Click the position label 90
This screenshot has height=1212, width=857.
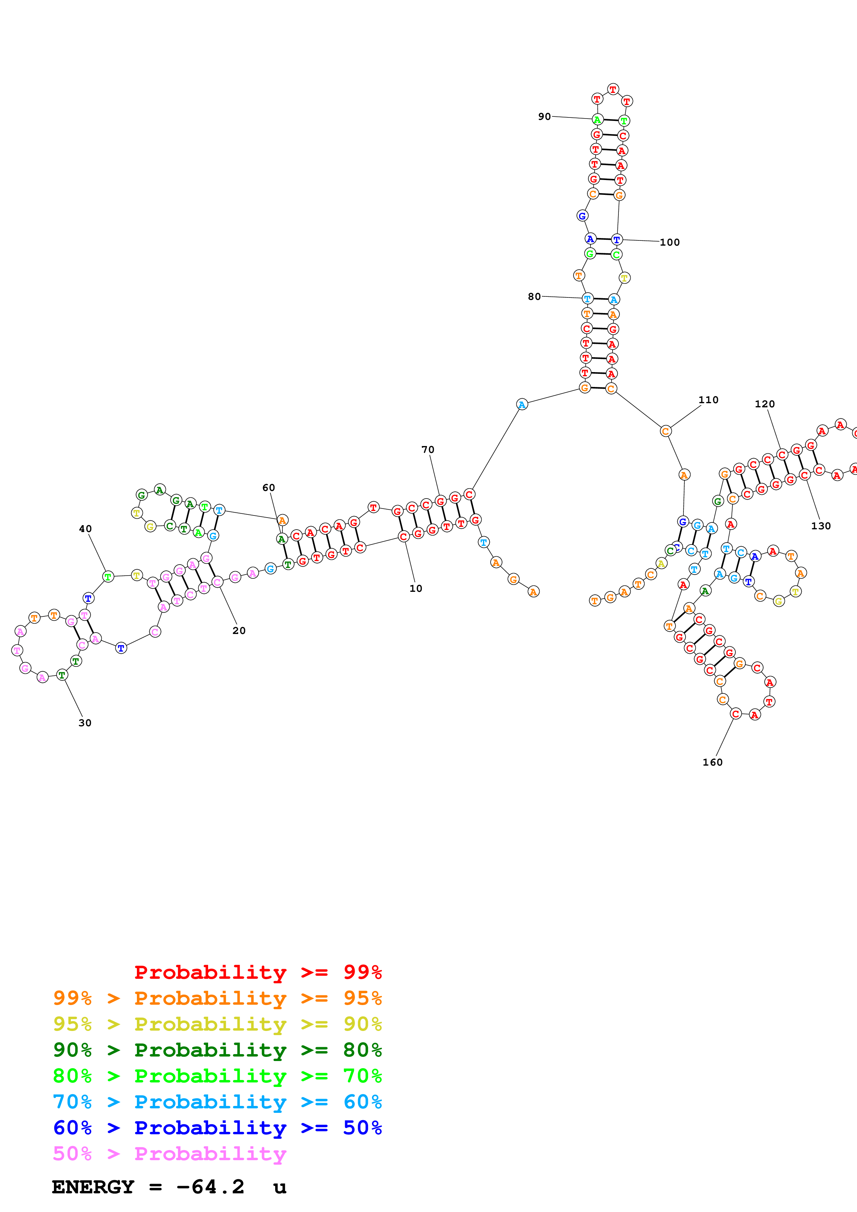(x=544, y=116)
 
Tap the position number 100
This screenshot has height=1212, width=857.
(x=670, y=242)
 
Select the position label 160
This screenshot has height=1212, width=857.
(x=712, y=762)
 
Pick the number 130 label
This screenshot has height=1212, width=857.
(x=821, y=526)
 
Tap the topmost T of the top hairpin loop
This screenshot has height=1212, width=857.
(x=613, y=89)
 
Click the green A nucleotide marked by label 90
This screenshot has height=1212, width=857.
(x=597, y=120)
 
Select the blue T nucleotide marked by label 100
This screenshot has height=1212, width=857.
(x=616, y=240)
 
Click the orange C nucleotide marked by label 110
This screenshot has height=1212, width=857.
(x=666, y=431)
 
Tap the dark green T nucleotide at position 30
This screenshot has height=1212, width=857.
(x=62, y=675)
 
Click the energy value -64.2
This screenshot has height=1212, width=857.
(x=210, y=1187)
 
